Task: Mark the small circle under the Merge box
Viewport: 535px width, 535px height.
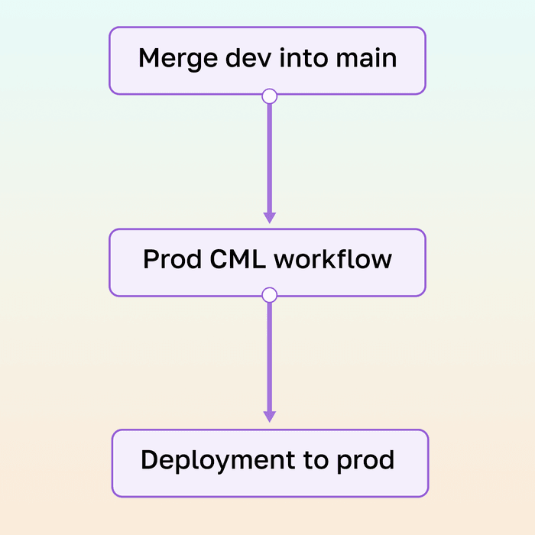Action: pos(269,96)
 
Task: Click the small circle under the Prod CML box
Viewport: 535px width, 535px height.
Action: pos(269,295)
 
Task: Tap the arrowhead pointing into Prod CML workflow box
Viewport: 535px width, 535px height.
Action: pos(269,217)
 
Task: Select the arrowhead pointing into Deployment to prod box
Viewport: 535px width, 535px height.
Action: pos(269,416)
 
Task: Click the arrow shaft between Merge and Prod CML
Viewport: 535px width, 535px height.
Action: pos(269,157)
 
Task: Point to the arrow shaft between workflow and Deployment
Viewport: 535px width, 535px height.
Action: pos(269,355)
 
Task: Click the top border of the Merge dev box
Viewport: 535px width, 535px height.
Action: pos(267,28)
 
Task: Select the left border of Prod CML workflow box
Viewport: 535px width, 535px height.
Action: pos(110,262)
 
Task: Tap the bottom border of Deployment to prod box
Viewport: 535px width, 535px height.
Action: pos(270,496)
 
